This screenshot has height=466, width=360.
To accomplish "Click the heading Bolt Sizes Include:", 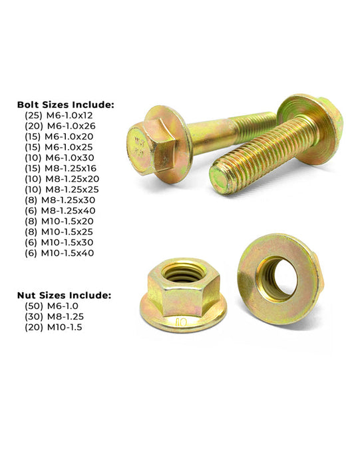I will tap(66, 105).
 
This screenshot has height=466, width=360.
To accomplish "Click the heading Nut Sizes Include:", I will tap(63, 294).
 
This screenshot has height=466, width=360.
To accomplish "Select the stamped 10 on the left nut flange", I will tap(181, 324).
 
